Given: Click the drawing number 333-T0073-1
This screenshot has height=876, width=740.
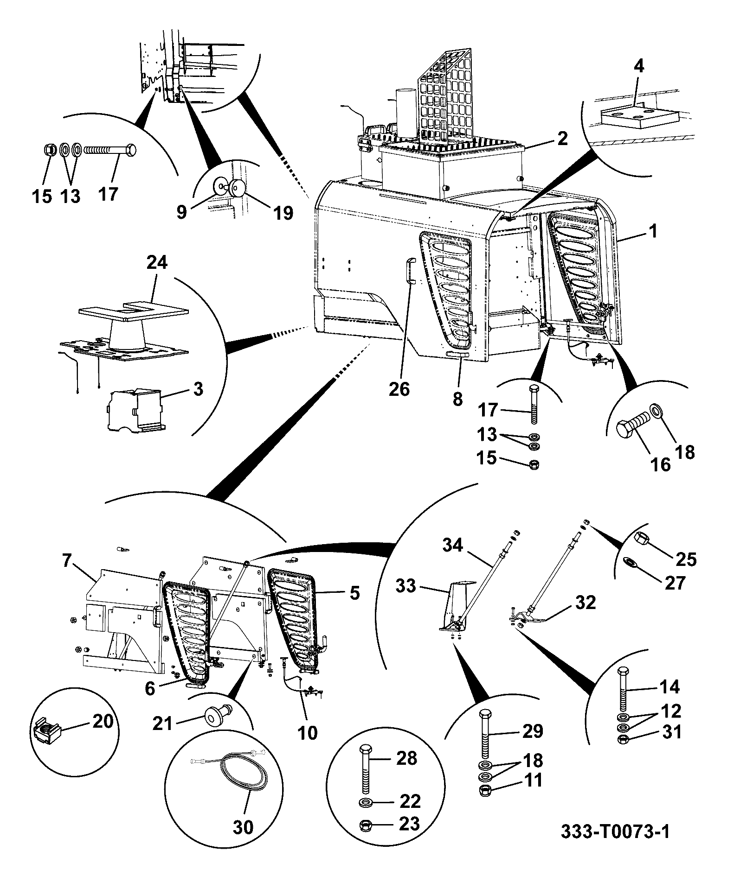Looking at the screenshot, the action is (x=615, y=845).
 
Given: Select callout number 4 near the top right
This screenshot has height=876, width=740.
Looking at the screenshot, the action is (x=639, y=67).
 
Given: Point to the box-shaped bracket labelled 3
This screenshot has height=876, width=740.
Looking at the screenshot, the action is (x=134, y=408).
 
